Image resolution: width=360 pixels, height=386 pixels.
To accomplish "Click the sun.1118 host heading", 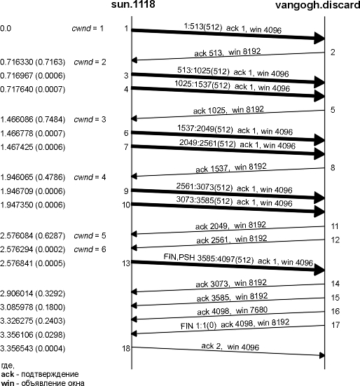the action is [133, 4].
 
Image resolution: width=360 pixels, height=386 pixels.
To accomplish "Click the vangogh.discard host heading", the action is [318, 5].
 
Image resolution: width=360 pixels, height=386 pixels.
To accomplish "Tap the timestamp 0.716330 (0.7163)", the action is [32, 62].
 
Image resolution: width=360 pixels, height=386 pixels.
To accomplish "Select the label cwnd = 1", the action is [88, 29].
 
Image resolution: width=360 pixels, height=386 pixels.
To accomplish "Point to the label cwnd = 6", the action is [90, 249].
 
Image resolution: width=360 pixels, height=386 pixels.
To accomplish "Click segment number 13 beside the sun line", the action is [126, 263].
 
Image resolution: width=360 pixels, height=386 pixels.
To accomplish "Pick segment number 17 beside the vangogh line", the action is [335, 325].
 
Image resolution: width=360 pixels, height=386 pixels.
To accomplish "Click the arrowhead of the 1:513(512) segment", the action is [319, 38].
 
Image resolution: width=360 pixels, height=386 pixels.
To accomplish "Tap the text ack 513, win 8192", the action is [228, 52].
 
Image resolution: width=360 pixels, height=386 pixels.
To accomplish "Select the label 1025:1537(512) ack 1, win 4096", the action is [232, 86].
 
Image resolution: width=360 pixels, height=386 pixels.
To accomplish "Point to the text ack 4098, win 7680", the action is [232, 311].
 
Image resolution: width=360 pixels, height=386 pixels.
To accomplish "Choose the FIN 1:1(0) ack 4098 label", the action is [217, 325].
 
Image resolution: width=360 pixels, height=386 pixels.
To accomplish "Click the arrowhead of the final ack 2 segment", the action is [322, 355].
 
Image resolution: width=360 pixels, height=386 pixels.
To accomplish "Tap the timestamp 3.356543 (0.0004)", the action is [32, 349].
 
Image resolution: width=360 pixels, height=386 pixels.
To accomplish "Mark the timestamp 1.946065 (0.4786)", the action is [32, 177].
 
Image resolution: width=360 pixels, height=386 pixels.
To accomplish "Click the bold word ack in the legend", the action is [8, 374].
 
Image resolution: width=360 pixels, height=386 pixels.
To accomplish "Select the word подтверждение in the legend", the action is [50, 375].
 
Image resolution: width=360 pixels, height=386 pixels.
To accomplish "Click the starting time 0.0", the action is [6, 29].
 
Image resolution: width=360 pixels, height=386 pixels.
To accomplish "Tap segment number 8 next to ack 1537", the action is [333, 168].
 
